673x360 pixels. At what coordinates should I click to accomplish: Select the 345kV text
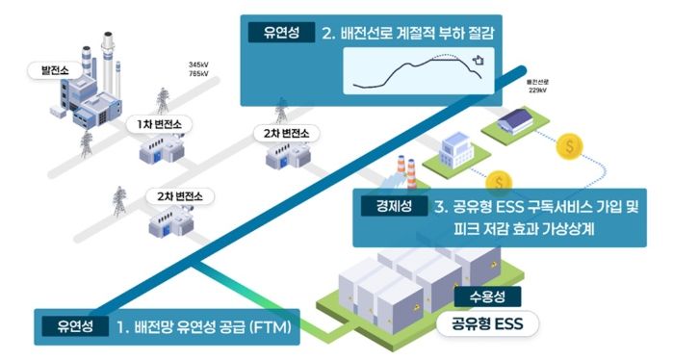coord(200,65)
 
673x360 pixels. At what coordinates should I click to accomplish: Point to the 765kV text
coord(200,74)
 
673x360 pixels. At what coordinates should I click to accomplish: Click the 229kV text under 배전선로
coord(536,92)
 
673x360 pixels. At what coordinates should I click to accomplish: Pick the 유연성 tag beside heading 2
coord(280,35)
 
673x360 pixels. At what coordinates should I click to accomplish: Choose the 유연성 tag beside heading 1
coord(73,328)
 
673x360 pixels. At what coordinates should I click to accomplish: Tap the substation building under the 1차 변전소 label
coord(158,151)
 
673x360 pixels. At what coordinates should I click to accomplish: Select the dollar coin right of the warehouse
coord(572,147)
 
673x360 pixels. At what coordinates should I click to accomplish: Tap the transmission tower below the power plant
coord(86,144)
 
